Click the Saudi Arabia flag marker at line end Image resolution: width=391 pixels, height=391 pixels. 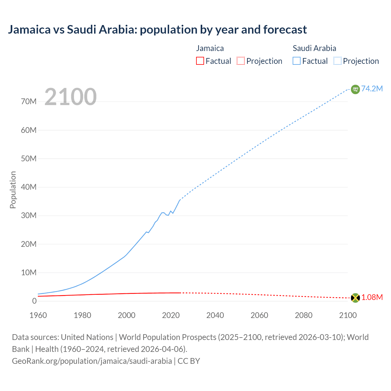(355, 89)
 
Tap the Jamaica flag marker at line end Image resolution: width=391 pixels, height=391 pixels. (355, 298)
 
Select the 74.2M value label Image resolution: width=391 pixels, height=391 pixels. (372, 89)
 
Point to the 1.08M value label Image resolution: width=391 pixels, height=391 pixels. (372, 298)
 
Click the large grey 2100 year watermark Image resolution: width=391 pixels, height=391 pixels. (71, 97)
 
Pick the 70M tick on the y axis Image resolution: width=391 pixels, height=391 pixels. (29, 102)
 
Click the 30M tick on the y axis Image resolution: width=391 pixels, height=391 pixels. (29, 216)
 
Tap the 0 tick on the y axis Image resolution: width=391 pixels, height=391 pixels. (34, 301)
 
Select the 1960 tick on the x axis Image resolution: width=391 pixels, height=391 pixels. (38, 315)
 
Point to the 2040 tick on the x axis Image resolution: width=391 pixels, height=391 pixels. (215, 315)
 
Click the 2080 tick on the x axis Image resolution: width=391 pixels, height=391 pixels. (304, 315)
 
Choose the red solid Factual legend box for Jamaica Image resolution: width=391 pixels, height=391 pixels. (200, 61)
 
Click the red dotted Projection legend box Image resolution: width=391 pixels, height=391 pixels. (241, 61)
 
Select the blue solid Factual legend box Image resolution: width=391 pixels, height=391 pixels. (297, 61)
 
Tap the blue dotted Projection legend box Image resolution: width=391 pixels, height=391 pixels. (338, 61)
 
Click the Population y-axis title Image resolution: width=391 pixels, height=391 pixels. (13, 190)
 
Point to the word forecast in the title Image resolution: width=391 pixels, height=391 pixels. (285, 30)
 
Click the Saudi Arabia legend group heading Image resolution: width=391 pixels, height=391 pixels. (314, 48)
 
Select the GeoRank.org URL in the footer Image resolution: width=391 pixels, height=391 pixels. (92, 361)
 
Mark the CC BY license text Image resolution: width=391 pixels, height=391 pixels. (189, 361)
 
